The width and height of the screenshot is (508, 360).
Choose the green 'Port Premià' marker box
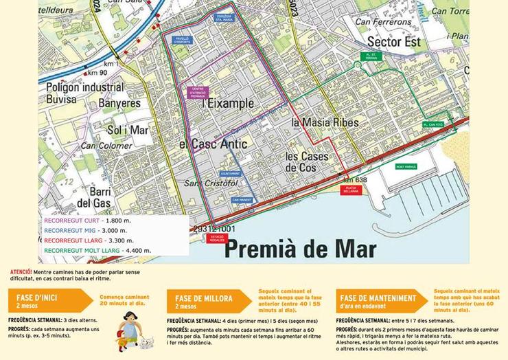[x=406, y=167]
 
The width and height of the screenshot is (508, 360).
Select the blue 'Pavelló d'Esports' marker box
[x=181, y=41]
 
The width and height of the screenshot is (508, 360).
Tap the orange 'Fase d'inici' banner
[x=46, y=300]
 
